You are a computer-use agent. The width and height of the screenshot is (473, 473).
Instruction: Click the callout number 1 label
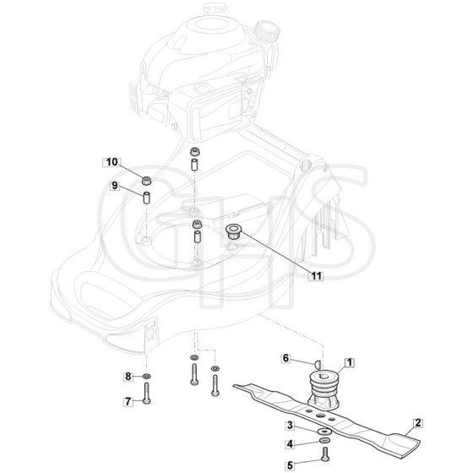[x=350, y=362]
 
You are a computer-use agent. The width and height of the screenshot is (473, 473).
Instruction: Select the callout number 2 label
[x=418, y=423]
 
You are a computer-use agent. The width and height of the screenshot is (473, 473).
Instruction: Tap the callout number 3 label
[x=290, y=426]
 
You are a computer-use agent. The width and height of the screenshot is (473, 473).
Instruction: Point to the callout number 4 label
[x=290, y=444]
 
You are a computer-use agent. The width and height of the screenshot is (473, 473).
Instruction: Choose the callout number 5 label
[x=290, y=465]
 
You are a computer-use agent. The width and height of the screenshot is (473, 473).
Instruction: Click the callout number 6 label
[x=285, y=358]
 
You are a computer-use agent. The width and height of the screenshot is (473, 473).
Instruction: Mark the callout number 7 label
[x=128, y=401]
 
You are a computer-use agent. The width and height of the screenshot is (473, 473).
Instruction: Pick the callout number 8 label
[x=128, y=377]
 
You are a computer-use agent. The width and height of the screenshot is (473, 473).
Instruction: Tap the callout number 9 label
[x=114, y=185]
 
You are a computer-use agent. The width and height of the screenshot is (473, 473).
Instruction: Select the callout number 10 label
[x=111, y=162]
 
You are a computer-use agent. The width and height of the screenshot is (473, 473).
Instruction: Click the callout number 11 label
[x=316, y=275]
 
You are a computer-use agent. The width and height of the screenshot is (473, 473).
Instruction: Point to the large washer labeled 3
[x=324, y=432]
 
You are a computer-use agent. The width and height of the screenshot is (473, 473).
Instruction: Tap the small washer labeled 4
[x=324, y=441]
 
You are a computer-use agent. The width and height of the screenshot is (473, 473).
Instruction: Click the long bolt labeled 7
[x=147, y=394]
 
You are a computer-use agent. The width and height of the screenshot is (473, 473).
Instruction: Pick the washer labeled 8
[x=147, y=376]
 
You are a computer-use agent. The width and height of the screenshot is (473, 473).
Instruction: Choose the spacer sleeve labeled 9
[x=147, y=198]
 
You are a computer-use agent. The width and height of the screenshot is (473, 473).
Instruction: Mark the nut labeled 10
[x=147, y=181]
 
